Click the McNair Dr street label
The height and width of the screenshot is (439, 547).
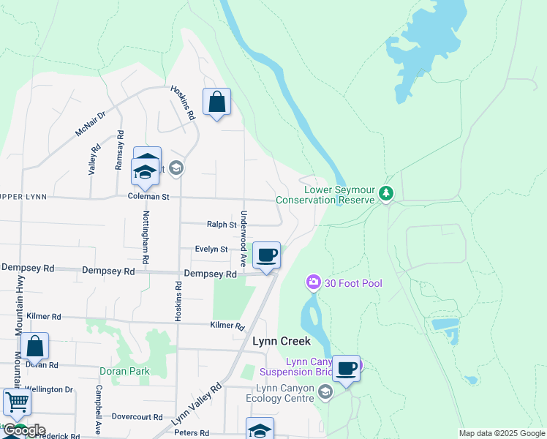[91, 123]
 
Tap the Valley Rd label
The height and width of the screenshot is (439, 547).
[94, 159]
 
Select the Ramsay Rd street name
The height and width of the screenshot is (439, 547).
[119, 150]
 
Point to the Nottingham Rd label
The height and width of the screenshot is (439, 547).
[146, 237]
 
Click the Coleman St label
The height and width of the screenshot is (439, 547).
[148, 197]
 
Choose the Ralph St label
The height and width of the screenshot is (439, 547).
[222, 225]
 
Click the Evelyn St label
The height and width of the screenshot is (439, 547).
[211, 249]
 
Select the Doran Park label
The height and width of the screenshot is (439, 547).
[127, 371]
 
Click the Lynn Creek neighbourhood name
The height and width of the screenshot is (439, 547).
[282, 341]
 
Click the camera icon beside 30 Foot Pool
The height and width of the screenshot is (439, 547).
[314, 282]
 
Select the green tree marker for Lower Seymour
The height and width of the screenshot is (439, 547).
[386, 194]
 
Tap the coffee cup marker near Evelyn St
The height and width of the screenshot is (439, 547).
[267, 255]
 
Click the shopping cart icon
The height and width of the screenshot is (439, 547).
[16, 402]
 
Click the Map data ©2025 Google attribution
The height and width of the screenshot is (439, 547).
[502, 433]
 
